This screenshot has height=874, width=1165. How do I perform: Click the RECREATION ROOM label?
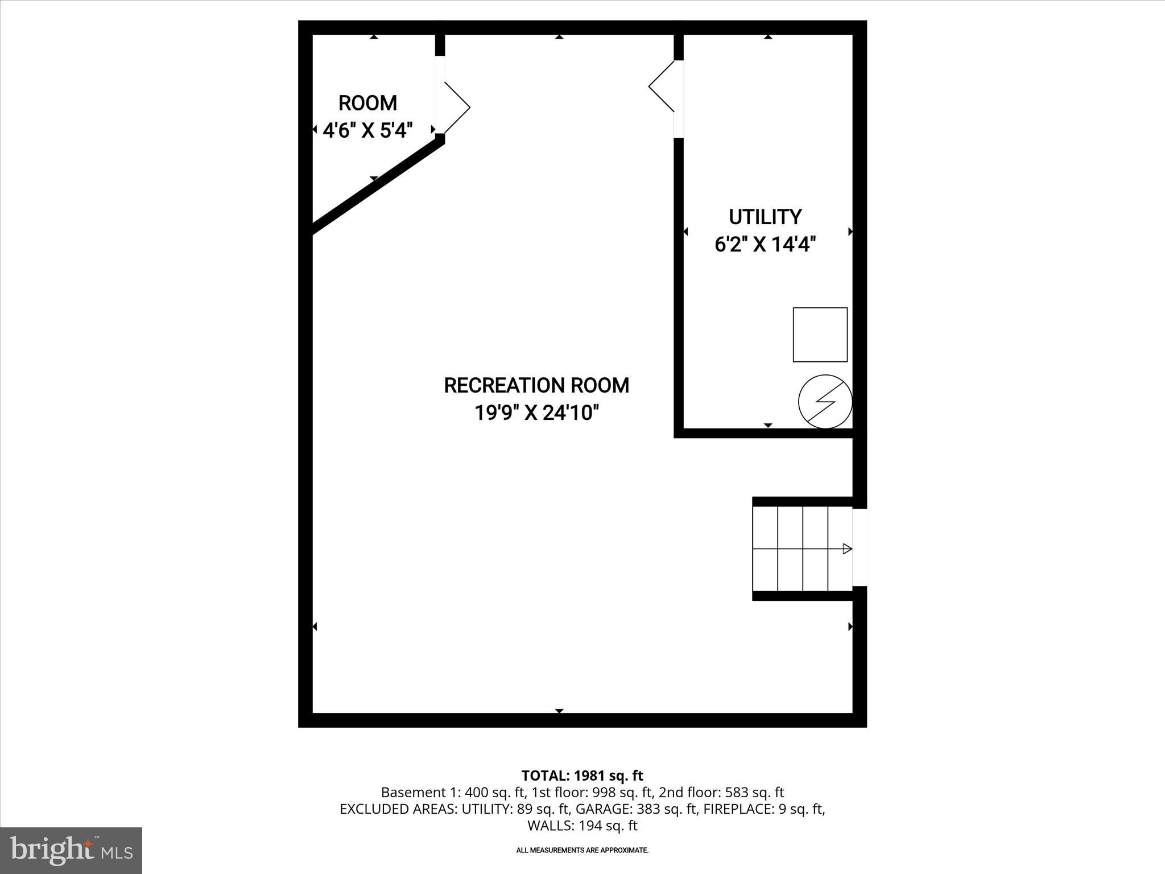point(536,385)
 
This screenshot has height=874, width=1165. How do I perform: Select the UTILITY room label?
point(765,217)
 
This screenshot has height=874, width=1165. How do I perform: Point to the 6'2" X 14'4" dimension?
point(765,245)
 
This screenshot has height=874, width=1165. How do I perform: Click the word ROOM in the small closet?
point(367,103)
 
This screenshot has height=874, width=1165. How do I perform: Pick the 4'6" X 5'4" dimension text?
point(367,131)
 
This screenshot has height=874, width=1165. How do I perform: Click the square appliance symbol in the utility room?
point(820,335)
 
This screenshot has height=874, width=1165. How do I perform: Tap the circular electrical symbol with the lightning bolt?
point(825,402)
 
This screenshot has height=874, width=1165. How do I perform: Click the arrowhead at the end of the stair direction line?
point(847,549)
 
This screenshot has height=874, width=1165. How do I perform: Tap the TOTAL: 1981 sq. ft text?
point(582,776)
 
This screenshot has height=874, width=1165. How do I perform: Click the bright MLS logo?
point(71,850)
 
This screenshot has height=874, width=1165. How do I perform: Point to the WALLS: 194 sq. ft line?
point(582,826)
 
